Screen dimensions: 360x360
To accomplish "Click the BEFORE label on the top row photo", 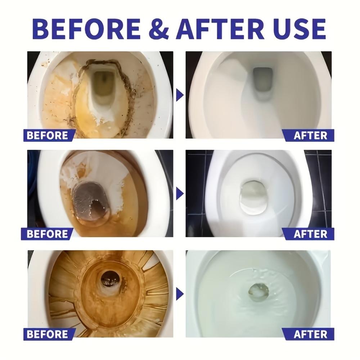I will pyautogui.click(x=47, y=135).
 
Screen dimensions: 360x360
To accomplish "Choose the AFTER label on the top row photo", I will pyautogui.click(x=310, y=135).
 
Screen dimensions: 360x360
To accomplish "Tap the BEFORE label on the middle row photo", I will pyautogui.click(x=47, y=234).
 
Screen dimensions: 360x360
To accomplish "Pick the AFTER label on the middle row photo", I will pyautogui.click(x=310, y=234).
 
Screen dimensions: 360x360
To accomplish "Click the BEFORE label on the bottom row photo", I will pyautogui.click(x=47, y=333).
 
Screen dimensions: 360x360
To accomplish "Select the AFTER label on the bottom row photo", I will pyautogui.click(x=310, y=333).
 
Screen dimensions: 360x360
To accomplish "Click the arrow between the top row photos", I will pyautogui.click(x=179, y=95).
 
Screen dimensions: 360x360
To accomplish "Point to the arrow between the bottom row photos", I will pyautogui.click(x=179, y=293).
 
